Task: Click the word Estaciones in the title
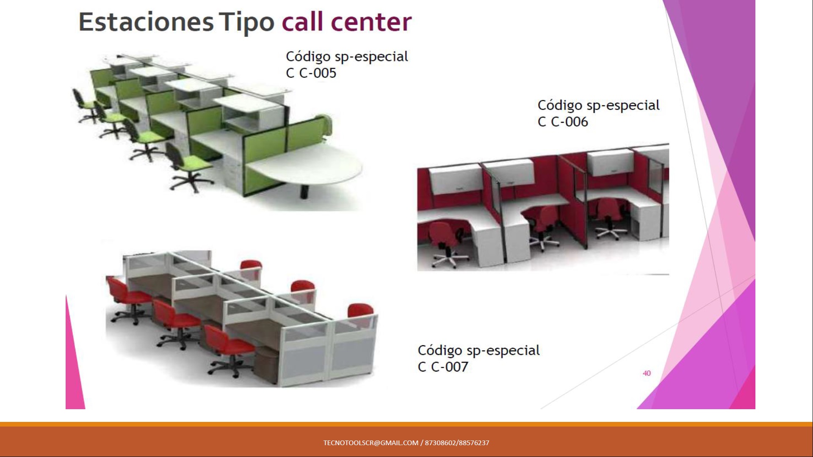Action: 146,22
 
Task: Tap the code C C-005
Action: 311,73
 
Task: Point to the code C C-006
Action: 563,122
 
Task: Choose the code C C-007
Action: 443,367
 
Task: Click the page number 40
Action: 647,373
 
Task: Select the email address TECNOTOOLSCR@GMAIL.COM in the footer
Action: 371,443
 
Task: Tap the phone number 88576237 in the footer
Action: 474,443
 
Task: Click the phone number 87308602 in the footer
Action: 440,443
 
